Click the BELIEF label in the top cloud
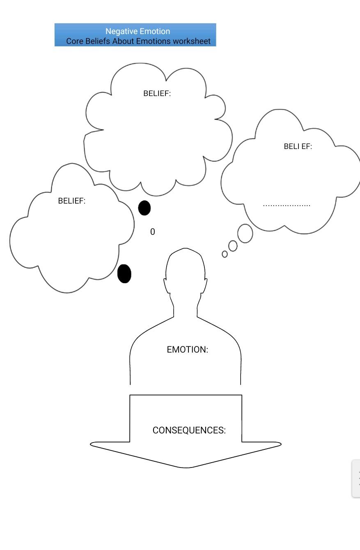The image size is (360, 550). [157, 93]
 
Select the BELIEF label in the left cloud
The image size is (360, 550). [72, 201]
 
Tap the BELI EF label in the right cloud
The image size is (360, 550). [298, 147]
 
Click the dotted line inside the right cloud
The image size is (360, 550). [287, 205]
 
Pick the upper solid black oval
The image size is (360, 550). [144, 208]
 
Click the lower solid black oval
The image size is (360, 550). [124, 274]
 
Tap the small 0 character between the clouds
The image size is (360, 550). [152, 231]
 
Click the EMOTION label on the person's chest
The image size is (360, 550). [187, 349]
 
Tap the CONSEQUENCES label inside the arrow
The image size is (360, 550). [189, 430]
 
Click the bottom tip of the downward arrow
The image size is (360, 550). [186, 468]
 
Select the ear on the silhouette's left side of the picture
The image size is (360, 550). [167, 286]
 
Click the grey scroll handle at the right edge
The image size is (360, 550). [356, 479]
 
